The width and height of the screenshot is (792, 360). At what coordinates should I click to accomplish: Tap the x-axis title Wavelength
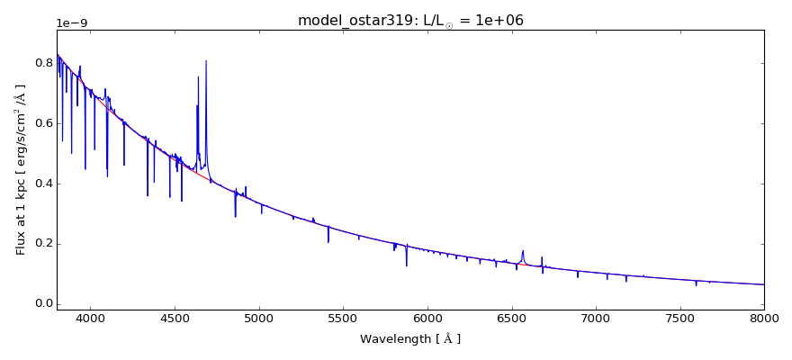coord(409,339)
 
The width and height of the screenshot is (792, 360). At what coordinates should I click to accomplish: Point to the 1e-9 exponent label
coord(74,23)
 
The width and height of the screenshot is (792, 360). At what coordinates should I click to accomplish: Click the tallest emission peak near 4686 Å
coord(206,61)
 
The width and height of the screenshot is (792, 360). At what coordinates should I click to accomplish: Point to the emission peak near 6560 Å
coord(522,251)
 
